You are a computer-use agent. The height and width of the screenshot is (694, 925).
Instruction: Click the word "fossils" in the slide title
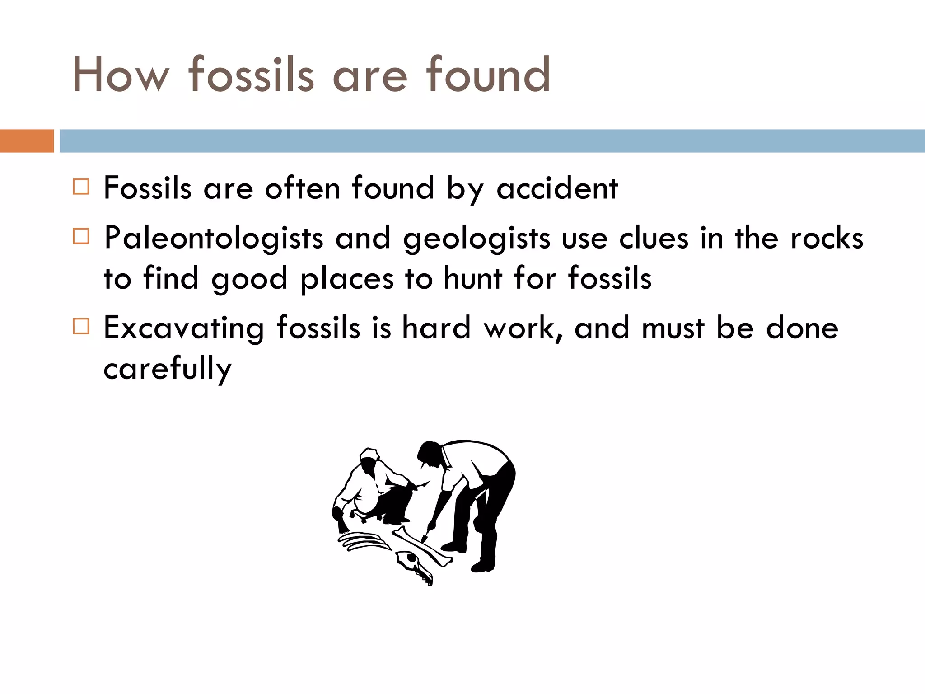tap(251, 75)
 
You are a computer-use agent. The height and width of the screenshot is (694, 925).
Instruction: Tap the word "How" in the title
tap(121, 75)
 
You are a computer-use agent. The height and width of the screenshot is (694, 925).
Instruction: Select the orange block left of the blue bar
tap(27, 141)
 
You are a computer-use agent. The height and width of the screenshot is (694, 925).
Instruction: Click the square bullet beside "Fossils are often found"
tap(81, 187)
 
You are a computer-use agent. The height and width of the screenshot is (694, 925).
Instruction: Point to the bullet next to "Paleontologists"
tap(81, 236)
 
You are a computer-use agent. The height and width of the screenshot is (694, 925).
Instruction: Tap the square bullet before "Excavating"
tap(81, 326)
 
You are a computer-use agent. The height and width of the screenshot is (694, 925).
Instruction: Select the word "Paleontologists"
tap(213, 239)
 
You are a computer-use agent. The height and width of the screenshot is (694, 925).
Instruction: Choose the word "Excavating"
tap(183, 328)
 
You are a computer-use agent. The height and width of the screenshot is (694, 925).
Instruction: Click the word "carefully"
tap(168, 369)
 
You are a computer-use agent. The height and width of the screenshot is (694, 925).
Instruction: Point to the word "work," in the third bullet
tap(523, 328)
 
